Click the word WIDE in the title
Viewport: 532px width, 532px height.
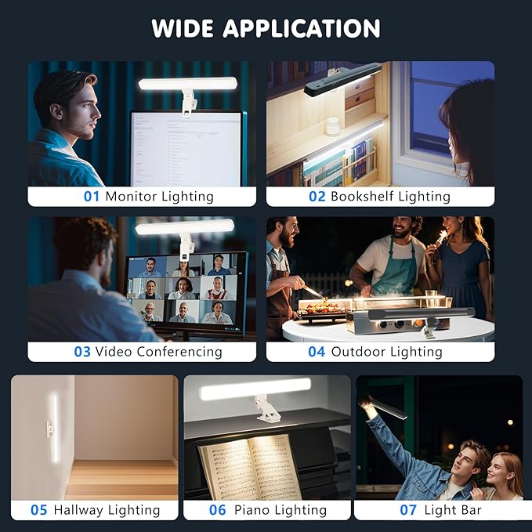point(183,28)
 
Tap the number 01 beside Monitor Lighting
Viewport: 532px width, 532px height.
point(91,197)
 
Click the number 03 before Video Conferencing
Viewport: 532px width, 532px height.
point(82,352)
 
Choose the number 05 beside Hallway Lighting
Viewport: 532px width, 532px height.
point(38,510)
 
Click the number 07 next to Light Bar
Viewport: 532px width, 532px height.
point(408,510)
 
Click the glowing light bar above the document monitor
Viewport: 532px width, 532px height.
point(187,84)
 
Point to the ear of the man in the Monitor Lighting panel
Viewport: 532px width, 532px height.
point(56,111)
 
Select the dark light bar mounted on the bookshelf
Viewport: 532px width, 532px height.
point(342,78)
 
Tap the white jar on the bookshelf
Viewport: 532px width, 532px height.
point(332,126)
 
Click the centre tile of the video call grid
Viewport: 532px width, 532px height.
point(183,288)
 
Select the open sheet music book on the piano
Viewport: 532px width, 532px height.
point(250,469)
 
